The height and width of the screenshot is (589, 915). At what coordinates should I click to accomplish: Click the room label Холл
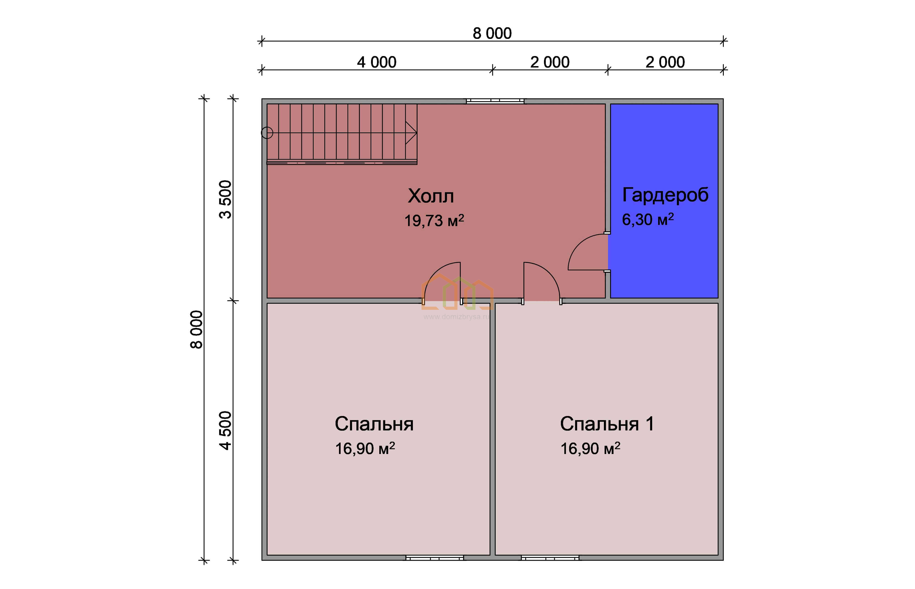[431, 196]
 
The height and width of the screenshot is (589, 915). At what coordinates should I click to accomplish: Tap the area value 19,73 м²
[434, 221]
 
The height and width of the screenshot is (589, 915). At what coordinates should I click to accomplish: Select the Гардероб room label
[665, 195]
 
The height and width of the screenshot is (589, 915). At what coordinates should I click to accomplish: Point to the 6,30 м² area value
[648, 219]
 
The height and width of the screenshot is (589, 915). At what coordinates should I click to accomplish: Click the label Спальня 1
[607, 424]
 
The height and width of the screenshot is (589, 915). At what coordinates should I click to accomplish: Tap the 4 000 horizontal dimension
[377, 62]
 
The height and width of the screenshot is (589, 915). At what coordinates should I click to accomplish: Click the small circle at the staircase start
[267, 133]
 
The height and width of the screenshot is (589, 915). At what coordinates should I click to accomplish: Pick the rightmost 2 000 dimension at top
[665, 62]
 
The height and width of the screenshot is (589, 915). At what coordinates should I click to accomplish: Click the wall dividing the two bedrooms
[492, 429]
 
